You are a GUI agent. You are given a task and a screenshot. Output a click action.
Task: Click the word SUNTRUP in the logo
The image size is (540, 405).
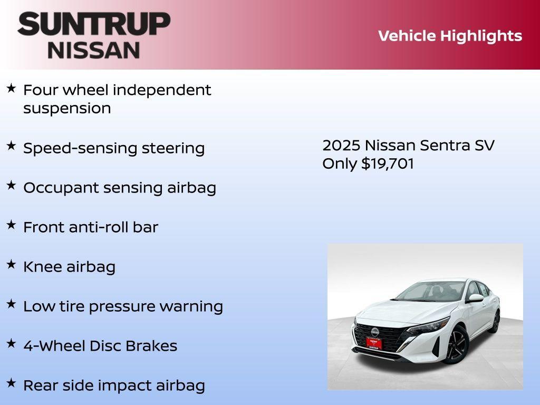tap(94, 24)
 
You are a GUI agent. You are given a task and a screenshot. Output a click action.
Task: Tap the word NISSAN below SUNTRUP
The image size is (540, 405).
tap(94, 50)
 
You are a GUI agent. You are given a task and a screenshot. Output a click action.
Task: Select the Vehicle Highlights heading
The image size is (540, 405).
tap(450, 36)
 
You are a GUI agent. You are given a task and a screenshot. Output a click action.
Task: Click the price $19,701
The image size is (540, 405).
tap(388, 163)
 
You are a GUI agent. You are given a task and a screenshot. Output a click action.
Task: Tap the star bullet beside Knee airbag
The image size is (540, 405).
tap(11, 265)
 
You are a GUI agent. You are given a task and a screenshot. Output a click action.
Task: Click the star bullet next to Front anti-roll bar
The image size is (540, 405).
tap(11, 225)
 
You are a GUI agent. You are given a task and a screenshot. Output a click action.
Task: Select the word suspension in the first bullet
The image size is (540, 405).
tap(67, 109)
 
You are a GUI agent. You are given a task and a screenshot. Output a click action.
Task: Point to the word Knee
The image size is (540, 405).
tap(42, 267)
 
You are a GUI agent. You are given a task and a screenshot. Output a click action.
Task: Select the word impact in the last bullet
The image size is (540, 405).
tap(127, 385)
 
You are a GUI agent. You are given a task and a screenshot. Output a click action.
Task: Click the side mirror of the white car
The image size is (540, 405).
tap(475, 298)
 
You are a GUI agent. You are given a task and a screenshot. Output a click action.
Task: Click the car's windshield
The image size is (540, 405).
tap(431, 292)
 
